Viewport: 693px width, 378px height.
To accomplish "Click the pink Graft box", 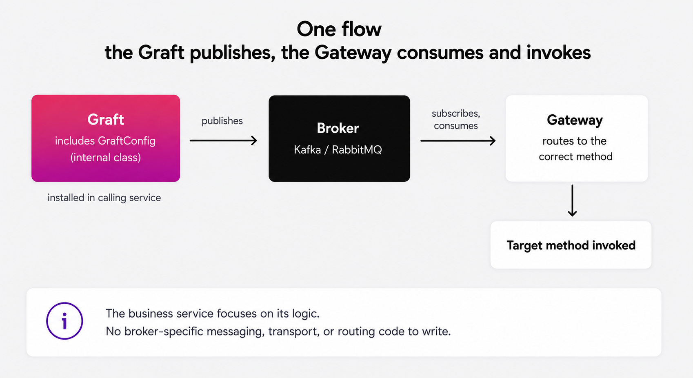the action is pos(105,138).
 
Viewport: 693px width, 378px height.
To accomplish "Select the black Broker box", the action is pos(340,138).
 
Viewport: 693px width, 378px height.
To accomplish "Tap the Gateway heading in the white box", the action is pos(575,120).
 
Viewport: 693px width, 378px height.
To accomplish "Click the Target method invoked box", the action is pos(571,245).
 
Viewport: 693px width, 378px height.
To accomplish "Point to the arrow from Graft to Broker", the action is pos(223,140).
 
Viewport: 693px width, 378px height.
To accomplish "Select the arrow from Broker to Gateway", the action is pos(458,141).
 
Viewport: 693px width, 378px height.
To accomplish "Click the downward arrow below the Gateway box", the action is pos(572,200).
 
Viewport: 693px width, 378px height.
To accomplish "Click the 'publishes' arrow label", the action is pos(222,121).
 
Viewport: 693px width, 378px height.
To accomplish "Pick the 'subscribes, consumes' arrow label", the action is pos(456,120).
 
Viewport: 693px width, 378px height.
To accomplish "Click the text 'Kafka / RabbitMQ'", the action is pos(338,150).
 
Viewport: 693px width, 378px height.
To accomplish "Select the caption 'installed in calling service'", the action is pos(104,198).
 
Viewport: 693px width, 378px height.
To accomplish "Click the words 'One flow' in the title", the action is pos(339,29).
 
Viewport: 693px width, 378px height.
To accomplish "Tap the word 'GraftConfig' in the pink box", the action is pos(127,141).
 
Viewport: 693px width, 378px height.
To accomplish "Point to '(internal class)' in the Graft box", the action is pos(105,158).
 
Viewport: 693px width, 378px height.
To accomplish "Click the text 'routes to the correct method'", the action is pos(575,149).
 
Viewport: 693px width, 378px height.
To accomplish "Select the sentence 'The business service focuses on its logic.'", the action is pos(213,314).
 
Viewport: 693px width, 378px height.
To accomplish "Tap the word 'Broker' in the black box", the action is pos(338,128).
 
